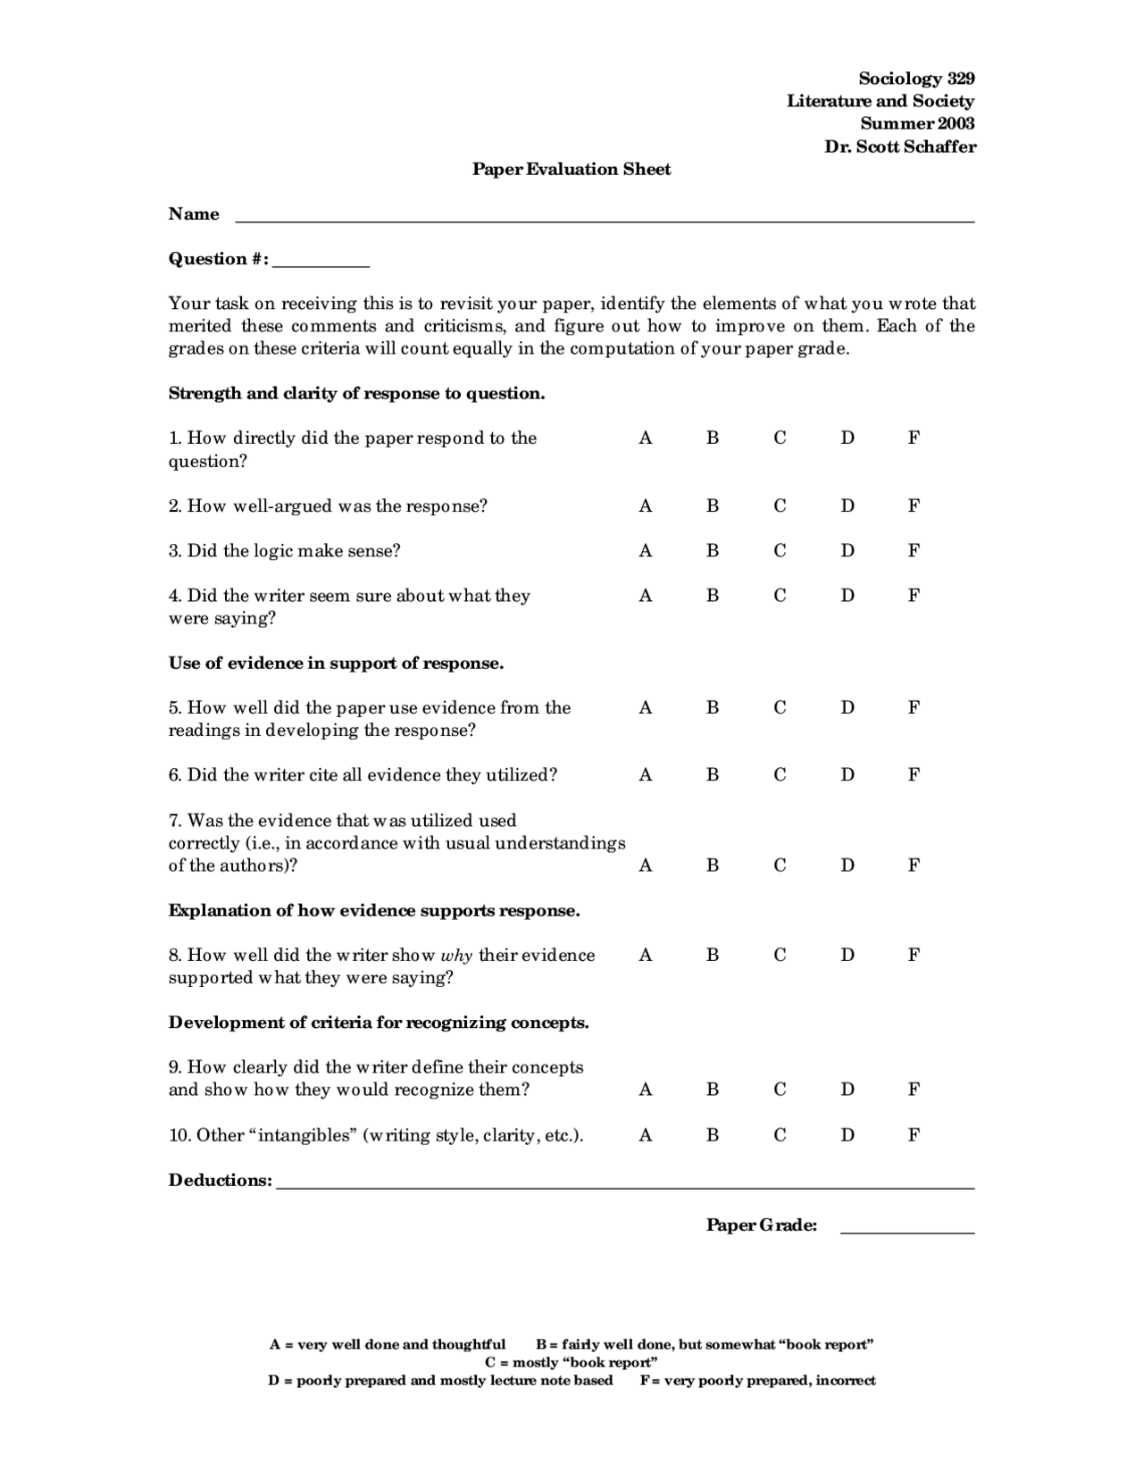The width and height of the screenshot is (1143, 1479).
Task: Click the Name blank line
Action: click(604, 218)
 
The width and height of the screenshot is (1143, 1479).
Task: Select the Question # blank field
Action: click(321, 263)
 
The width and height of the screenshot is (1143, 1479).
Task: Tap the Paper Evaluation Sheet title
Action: click(571, 170)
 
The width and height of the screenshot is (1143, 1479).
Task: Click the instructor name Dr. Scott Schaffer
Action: click(900, 146)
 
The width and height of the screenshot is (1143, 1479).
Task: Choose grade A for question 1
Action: click(646, 439)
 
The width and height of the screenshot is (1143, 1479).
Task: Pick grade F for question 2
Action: click(914, 506)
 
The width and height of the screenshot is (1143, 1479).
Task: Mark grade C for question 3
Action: click(780, 551)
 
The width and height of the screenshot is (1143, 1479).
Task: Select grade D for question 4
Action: click(847, 596)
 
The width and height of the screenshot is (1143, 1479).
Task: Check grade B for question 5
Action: click(713, 708)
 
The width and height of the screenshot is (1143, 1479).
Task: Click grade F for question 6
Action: click(914, 775)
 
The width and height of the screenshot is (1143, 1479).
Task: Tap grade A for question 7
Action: click(646, 865)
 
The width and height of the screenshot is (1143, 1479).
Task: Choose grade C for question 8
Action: click(780, 956)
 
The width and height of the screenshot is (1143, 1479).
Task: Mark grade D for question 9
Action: click(847, 1090)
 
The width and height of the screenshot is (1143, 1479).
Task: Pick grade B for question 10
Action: click(713, 1136)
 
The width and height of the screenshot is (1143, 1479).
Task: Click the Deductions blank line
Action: click(625, 1185)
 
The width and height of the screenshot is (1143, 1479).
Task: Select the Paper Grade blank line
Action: click(907, 1230)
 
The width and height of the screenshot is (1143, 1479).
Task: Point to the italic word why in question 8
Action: click(456, 956)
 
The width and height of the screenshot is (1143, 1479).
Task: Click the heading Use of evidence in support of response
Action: click(337, 664)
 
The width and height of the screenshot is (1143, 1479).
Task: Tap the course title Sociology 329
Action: click(916, 79)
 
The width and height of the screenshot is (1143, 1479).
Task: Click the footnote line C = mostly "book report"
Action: click(571, 1363)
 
